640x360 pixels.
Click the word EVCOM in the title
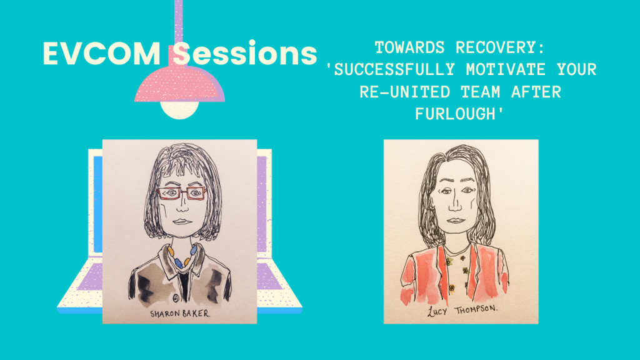tap(102, 54)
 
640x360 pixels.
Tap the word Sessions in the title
tap(244, 54)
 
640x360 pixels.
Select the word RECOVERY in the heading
tap(501, 47)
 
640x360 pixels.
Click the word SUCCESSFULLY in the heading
tap(394, 70)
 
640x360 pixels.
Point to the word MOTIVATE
tap(506, 70)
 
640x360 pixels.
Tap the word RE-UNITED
tap(404, 92)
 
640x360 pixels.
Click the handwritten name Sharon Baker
tap(180, 314)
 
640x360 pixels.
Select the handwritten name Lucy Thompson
tap(462, 311)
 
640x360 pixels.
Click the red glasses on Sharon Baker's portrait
tap(182, 193)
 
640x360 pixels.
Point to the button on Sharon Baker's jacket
tap(176, 298)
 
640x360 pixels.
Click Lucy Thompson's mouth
tap(456, 221)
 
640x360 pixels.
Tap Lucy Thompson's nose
tap(455, 205)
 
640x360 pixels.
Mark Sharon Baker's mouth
tap(182, 222)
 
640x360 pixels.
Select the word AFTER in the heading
tap(536, 92)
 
